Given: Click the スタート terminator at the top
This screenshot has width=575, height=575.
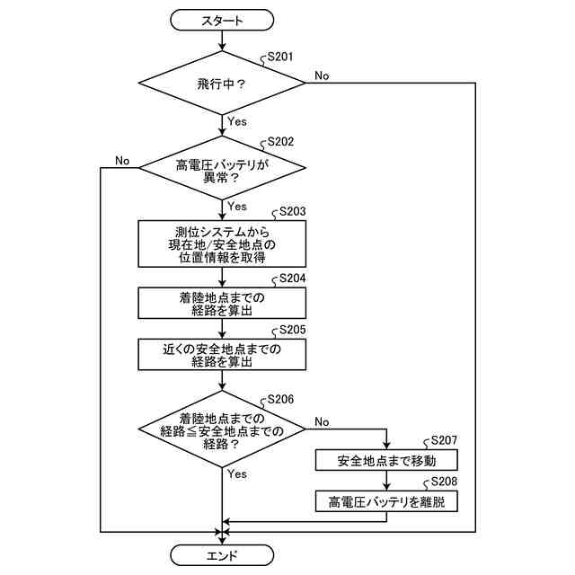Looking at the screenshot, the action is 222,20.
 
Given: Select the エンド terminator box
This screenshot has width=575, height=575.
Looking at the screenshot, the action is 222,555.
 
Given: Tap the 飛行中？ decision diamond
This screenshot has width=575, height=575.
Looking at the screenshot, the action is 222,83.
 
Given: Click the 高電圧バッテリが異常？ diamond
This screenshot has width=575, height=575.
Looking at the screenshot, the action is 222,168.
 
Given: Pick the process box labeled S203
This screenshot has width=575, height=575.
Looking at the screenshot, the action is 222,243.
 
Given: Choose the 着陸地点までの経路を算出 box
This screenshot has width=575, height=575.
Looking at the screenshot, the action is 222,303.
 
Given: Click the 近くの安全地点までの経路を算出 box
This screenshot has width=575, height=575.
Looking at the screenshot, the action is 222,354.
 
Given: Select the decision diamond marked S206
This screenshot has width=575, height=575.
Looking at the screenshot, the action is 222,429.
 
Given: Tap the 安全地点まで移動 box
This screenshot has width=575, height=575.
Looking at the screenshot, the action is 386,460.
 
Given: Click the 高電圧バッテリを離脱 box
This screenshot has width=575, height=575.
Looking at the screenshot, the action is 386,501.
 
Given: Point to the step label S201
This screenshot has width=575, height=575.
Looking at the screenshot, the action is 280,57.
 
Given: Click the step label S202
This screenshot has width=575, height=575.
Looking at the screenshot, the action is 280,142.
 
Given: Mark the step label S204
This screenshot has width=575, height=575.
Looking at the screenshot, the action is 292,279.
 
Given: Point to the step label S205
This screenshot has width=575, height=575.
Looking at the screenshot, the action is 292,330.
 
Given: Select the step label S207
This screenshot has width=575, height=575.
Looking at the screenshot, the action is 444,440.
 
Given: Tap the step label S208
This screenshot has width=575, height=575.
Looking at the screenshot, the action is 444,482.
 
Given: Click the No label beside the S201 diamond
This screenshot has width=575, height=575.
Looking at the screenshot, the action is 322,75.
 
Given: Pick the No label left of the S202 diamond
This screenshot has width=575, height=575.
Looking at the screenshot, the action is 122,161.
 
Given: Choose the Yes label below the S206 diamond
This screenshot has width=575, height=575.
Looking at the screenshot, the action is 237,473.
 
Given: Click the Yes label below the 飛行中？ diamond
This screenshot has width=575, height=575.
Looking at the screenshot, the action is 237,121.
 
